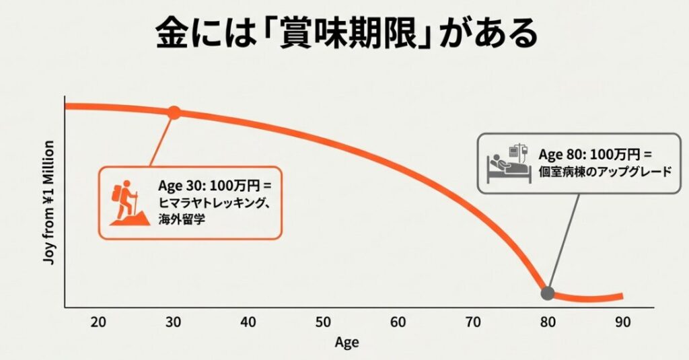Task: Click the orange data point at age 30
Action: coord(174,112)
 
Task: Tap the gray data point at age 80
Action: coord(548,293)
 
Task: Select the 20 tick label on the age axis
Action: coord(98,322)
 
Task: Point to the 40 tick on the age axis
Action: coord(248,322)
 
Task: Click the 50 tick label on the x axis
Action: coord(324,322)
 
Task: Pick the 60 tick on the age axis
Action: coord(398,322)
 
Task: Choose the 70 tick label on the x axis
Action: coord(474,322)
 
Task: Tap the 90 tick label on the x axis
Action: coord(622,322)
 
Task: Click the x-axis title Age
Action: coord(347,343)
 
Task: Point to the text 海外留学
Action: coord(181,218)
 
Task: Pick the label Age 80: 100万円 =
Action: coord(595,154)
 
